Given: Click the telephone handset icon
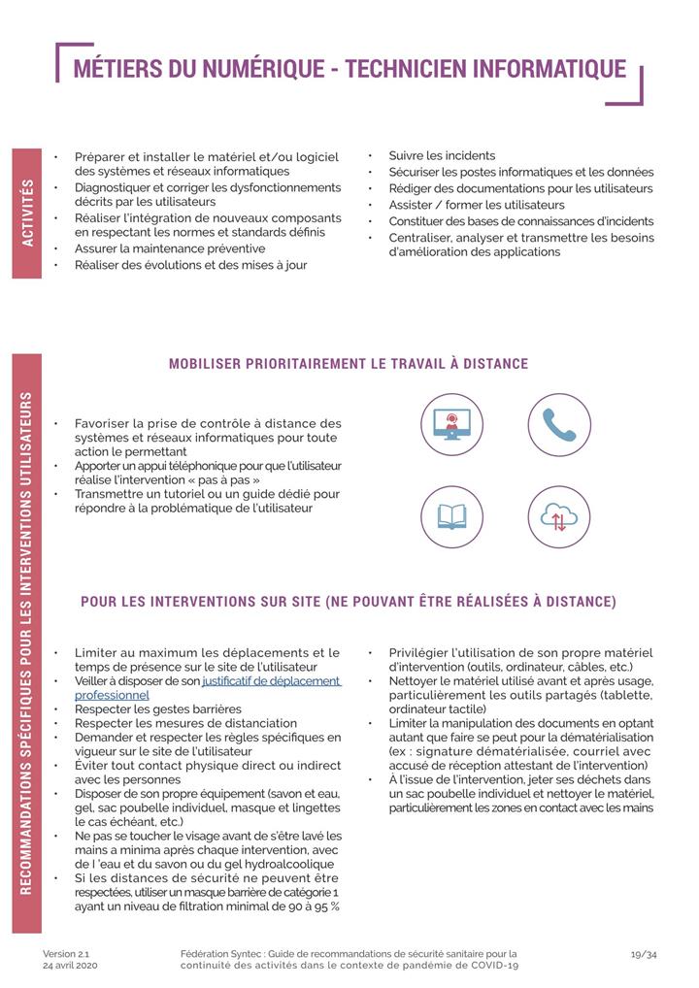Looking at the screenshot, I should click(x=559, y=424).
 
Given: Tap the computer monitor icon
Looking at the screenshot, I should click(x=451, y=424).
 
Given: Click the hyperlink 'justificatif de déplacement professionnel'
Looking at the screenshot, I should click(x=271, y=681).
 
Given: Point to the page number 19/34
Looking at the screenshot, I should click(x=644, y=954).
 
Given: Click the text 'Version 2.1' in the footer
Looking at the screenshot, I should click(x=66, y=954).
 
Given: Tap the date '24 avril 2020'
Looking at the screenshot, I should click(x=70, y=967).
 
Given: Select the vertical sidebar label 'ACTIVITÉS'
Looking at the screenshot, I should click(x=27, y=213).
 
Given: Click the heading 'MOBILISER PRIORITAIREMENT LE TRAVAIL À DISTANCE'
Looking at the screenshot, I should click(x=349, y=364).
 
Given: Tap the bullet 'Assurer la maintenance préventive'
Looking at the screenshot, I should click(x=169, y=248).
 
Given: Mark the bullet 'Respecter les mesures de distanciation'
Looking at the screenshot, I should click(x=185, y=723).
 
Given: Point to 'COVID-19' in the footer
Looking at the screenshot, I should click(x=491, y=967).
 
